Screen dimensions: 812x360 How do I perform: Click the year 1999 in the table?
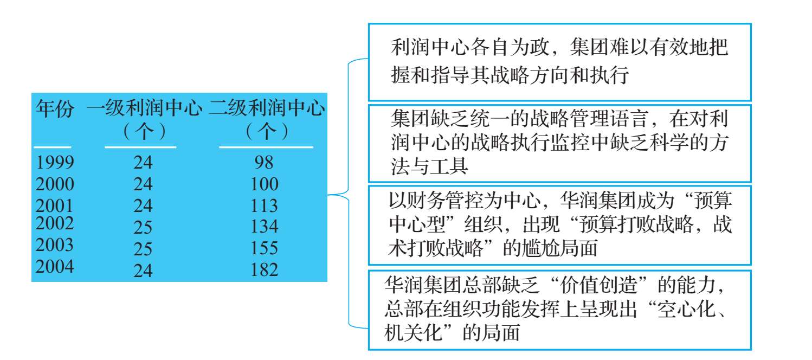tap(55, 162)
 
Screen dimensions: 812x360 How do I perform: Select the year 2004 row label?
tap(55, 266)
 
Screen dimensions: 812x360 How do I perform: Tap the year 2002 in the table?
tap(55, 223)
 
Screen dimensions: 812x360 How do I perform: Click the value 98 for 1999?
tap(264, 162)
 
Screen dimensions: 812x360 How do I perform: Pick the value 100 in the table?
tap(265, 184)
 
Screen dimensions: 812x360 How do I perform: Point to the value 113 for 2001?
tap(265, 205)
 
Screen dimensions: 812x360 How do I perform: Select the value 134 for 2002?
tap(265, 226)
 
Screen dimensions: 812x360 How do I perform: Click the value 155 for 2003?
tap(265, 248)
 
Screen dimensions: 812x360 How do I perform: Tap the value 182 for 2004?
tap(265, 269)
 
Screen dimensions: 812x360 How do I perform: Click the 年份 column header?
tap(55, 108)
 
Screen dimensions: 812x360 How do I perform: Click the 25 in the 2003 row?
tap(143, 249)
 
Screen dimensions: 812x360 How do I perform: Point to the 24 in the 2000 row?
tap(143, 184)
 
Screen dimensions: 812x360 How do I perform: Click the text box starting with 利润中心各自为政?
tap(560, 62)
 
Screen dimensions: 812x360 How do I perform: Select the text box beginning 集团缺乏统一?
tap(560, 144)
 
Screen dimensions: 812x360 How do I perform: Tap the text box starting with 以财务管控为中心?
tap(560, 226)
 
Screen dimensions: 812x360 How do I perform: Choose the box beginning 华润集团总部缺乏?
tap(560, 310)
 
